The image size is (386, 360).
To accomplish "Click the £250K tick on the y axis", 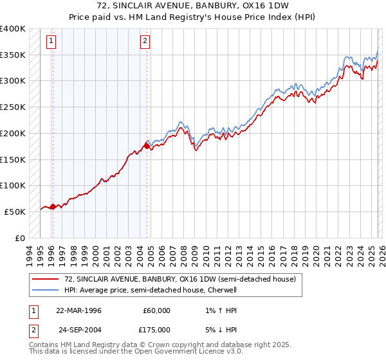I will tap(13, 107).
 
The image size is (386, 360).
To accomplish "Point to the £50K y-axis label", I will tap(15, 212).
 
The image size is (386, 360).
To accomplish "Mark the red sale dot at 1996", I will tap(53, 206).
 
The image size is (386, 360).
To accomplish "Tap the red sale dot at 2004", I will tap(147, 147).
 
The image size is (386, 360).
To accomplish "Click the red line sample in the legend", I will tap(45, 280).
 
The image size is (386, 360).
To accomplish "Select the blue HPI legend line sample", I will tap(45, 290).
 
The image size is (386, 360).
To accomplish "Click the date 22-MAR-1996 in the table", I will tap(78, 310).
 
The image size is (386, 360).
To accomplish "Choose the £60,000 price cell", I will tap(157, 310).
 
